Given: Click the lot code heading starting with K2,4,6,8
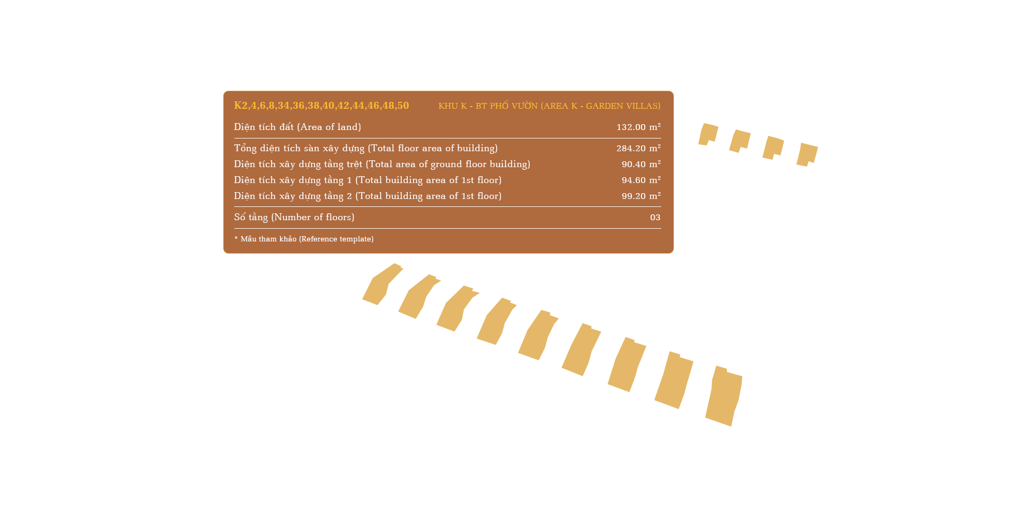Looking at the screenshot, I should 321,106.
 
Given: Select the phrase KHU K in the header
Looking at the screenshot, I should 452,106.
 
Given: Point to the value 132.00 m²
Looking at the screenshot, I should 638,127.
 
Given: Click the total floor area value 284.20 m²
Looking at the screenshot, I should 638,149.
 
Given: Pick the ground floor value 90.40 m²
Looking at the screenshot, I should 640,164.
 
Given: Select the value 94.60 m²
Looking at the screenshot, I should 640,180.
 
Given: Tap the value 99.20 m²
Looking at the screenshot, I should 640,196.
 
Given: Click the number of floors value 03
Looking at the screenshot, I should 655,218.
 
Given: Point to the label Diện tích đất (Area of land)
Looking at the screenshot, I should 297,127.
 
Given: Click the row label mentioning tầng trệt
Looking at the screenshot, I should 382,164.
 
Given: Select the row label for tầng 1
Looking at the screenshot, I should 367,180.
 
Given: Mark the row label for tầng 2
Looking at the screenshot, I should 367,196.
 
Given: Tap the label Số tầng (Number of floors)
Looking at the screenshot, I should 294,218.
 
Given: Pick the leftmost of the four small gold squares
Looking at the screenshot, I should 708,134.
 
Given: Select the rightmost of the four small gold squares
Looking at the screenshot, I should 807,155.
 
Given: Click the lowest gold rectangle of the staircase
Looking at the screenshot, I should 724,396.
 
